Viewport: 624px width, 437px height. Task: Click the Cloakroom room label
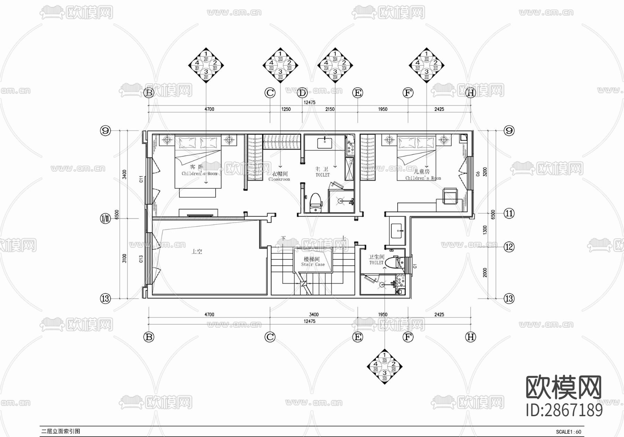(x=279, y=177)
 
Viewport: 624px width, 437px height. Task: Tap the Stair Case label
(x=312, y=262)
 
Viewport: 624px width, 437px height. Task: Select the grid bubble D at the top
(x=302, y=93)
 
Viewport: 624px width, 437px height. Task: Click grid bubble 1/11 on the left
(x=105, y=218)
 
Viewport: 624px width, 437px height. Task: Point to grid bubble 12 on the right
(x=509, y=247)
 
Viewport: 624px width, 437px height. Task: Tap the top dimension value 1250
(x=286, y=109)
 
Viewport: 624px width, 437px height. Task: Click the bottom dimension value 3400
(x=314, y=315)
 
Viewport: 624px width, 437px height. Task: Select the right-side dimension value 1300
(x=485, y=230)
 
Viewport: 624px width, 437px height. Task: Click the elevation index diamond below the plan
(x=384, y=367)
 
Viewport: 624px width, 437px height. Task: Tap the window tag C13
(x=141, y=259)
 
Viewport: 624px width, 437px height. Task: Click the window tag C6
(x=478, y=173)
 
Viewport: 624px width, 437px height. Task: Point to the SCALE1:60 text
(x=569, y=432)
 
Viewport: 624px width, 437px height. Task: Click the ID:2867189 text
(x=564, y=410)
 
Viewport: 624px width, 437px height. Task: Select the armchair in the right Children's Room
(x=451, y=196)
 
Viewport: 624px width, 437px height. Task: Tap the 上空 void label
(x=197, y=251)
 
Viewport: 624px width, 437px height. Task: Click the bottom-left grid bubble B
(x=149, y=337)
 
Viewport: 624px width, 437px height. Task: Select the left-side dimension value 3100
(x=124, y=258)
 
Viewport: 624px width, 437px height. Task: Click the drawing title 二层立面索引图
(x=61, y=431)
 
